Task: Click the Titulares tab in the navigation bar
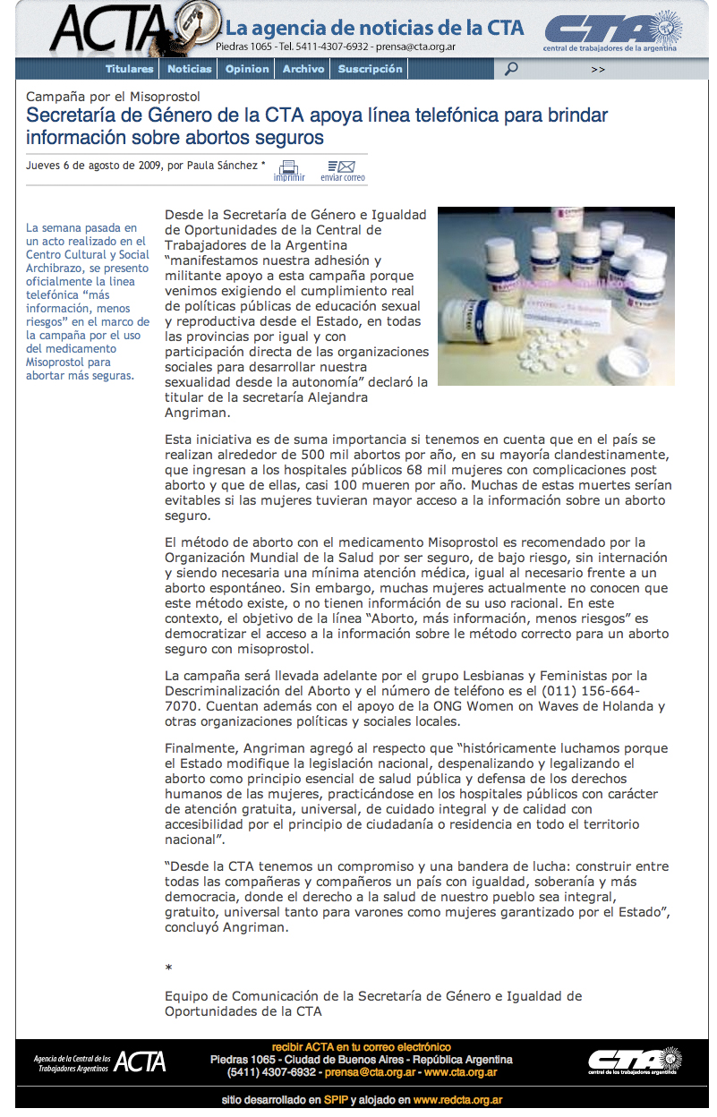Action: pyautogui.click(x=130, y=69)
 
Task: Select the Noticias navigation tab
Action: pyautogui.click(x=190, y=69)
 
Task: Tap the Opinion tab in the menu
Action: pyautogui.click(x=247, y=69)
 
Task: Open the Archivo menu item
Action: pyautogui.click(x=303, y=69)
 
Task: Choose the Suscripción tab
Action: pyautogui.click(x=371, y=69)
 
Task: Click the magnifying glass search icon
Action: pyautogui.click(x=511, y=69)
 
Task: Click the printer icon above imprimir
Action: pyautogui.click(x=288, y=166)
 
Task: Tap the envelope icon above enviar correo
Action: pyautogui.click(x=342, y=166)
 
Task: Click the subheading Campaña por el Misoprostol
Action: pyautogui.click(x=113, y=97)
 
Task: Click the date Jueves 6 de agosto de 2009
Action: pyautogui.click(x=95, y=166)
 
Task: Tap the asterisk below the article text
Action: pyautogui.click(x=168, y=968)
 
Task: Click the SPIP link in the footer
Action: pyautogui.click(x=336, y=1100)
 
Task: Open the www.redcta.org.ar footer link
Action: pyautogui.click(x=457, y=1100)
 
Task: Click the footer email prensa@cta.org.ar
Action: pyautogui.click(x=370, y=1072)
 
